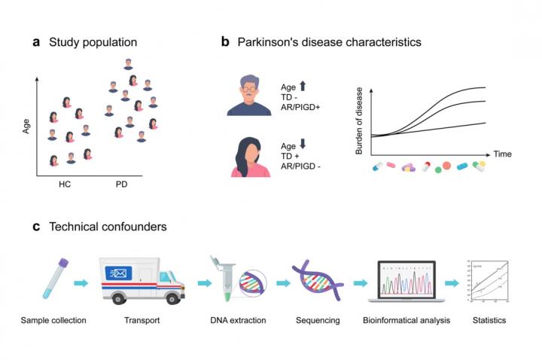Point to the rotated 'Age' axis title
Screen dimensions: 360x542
[x=26, y=124]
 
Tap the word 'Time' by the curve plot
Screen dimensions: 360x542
[x=503, y=154]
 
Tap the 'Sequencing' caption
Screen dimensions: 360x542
[x=318, y=321]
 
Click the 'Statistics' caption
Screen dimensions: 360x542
[x=489, y=321]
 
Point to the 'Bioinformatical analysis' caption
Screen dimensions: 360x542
[x=406, y=321]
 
